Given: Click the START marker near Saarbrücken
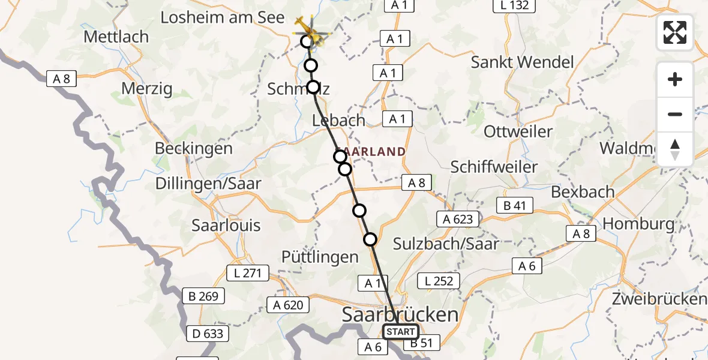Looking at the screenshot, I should pyautogui.click(x=400, y=332).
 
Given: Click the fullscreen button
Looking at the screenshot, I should pyautogui.click(x=675, y=32).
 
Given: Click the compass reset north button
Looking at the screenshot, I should pyautogui.click(x=675, y=149).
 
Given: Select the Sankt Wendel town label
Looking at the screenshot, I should pyautogui.click(x=522, y=62).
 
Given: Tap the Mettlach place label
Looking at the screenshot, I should pyautogui.click(x=116, y=37).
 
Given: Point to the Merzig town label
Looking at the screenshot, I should pyautogui.click(x=146, y=89).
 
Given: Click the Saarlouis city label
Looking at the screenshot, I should pyautogui.click(x=226, y=226).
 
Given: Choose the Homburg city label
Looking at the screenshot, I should pyautogui.click(x=638, y=224).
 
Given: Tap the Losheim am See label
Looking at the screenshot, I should pyautogui.click(x=222, y=17).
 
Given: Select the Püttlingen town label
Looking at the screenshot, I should pyautogui.click(x=320, y=257).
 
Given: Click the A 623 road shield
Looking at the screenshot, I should pyautogui.click(x=458, y=220).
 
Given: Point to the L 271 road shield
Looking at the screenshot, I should pyautogui.click(x=247, y=274).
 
